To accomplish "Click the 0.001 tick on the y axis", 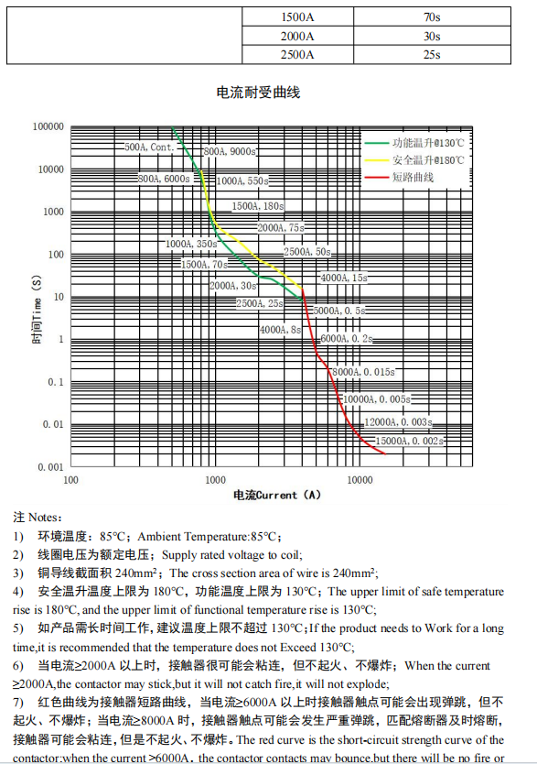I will click(49, 467).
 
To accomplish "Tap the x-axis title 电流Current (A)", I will click(277, 495).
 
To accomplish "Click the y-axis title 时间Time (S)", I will click(37, 297).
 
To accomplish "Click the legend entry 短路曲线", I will click(413, 176).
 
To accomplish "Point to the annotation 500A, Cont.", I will click(149, 147).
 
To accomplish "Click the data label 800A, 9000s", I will click(230, 151).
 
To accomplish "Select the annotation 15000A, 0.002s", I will click(410, 442).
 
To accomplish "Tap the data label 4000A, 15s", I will click(343, 277).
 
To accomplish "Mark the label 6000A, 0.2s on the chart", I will click(346, 338).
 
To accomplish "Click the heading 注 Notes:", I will click(38, 518).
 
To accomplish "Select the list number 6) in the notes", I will click(18, 664).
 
